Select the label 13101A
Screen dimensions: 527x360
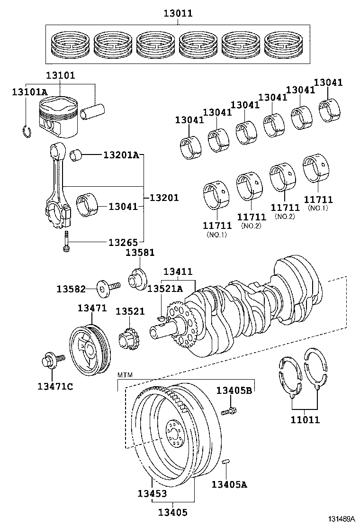[29, 92]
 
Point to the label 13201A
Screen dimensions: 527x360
[121, 155]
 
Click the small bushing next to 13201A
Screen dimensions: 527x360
[77, 155]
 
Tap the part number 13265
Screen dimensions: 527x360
[123, 242]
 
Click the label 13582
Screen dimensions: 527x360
[71, 289]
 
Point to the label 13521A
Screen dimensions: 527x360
[165, 289]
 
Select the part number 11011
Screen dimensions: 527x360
[305, 419]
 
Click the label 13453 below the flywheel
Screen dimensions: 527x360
[152, 493]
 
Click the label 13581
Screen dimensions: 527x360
[140, 253]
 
